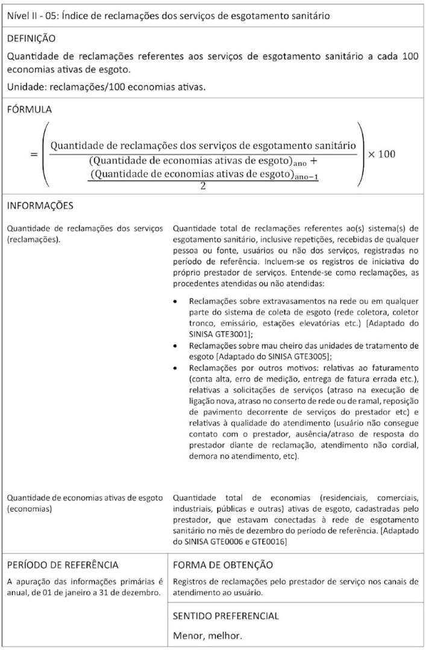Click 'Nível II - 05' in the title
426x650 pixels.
coord(33,16)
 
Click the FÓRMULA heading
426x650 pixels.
coord(29,110)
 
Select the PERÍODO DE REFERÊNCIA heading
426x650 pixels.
coord(62,565)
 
